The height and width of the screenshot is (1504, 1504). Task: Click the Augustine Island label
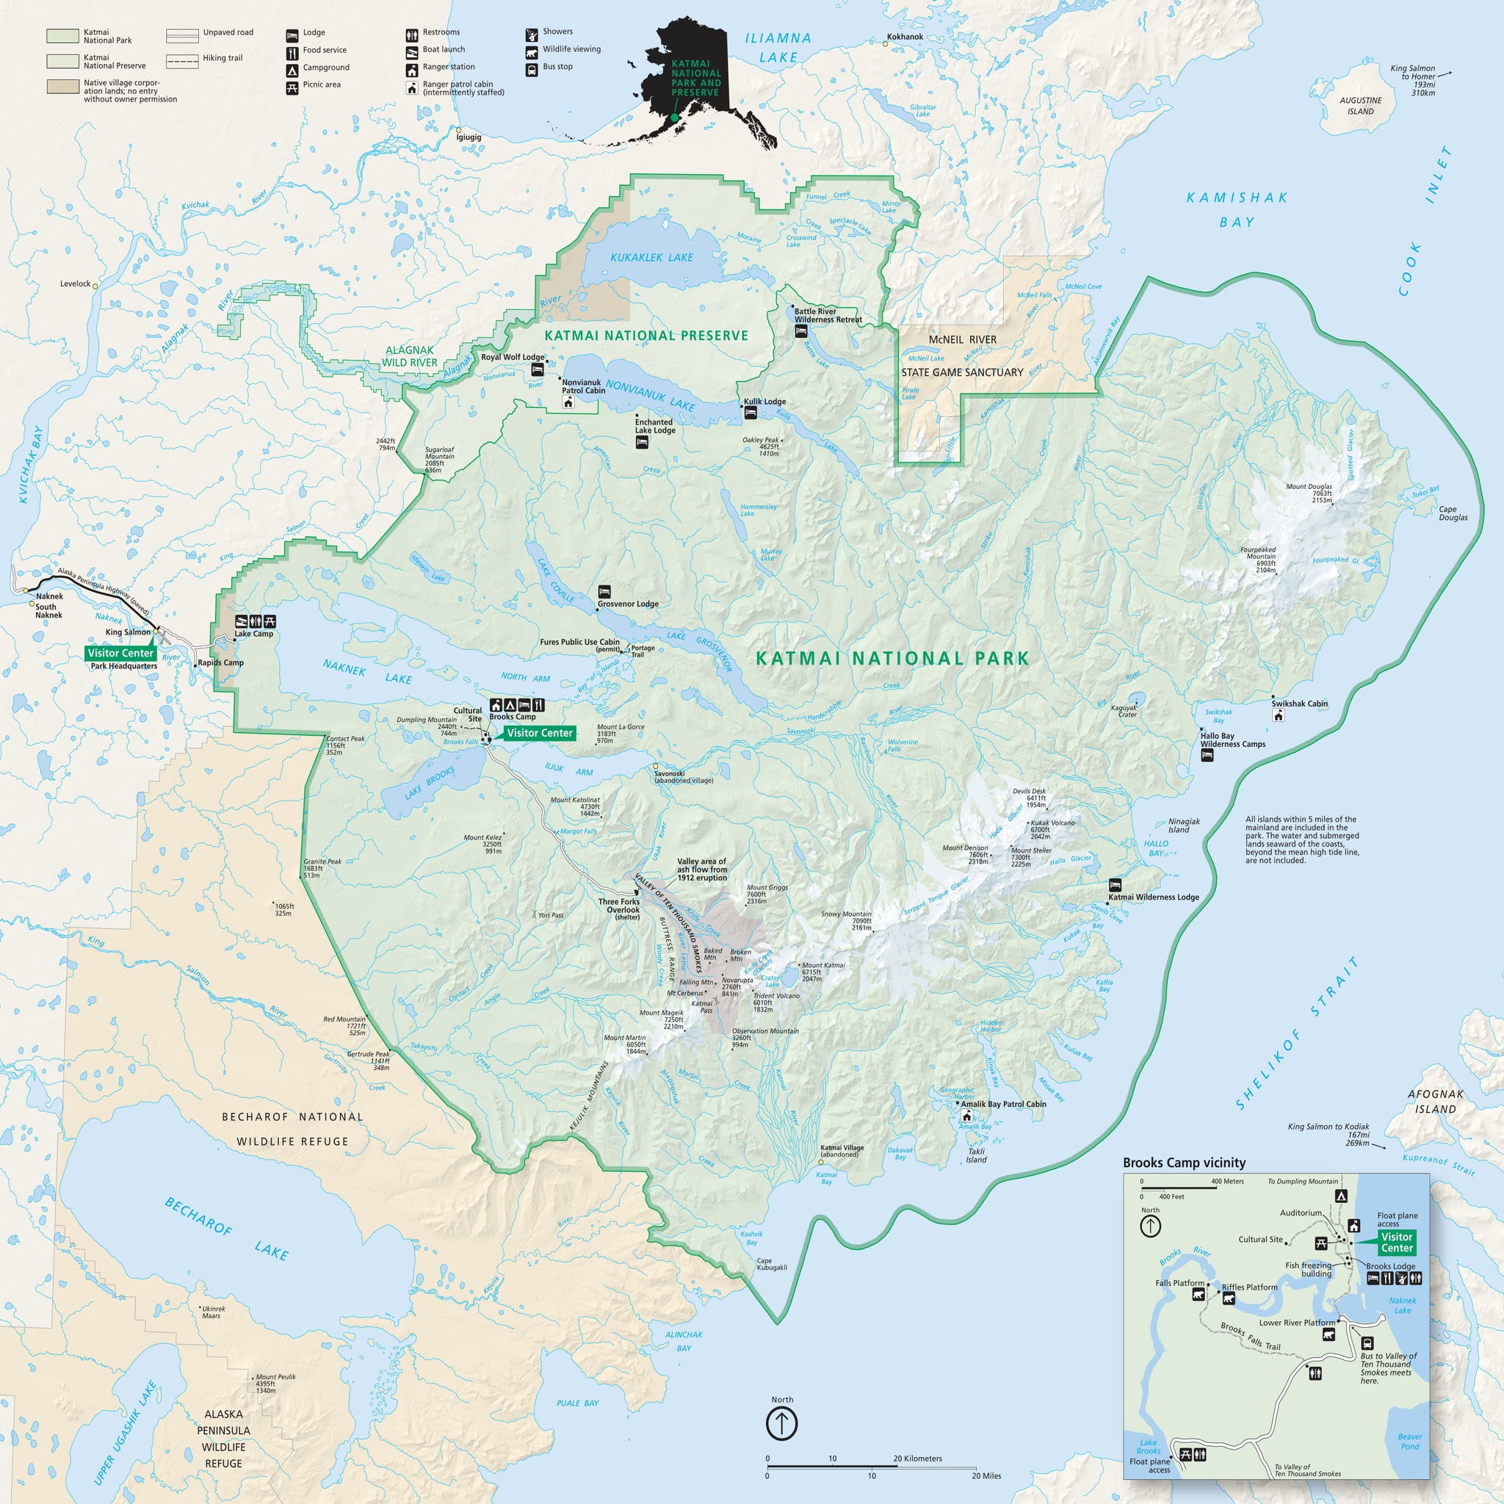point(1360,106)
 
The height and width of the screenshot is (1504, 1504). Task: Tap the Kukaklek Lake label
point(651,258)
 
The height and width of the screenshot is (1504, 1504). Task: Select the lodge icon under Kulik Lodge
point(751,413)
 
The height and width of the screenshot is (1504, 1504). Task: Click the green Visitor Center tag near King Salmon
point(120,653)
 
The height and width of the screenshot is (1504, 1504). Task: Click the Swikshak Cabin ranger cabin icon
point(1278,715)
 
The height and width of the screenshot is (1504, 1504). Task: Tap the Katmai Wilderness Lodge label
point(1153,897)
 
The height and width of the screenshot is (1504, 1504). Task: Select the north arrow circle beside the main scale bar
point(781,1424)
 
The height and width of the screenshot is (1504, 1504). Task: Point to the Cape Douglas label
point(1453,514)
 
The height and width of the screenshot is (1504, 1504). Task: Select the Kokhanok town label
point(905,37)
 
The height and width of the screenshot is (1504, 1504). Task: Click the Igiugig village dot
point(458,130)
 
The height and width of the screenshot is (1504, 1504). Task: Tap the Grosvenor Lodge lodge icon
point(604,592)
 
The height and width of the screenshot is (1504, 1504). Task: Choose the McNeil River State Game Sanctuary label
point(962,356)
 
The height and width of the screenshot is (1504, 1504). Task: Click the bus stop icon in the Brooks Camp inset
point(1366,1344)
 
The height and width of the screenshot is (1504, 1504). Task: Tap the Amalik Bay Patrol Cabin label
point(1002,1104)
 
